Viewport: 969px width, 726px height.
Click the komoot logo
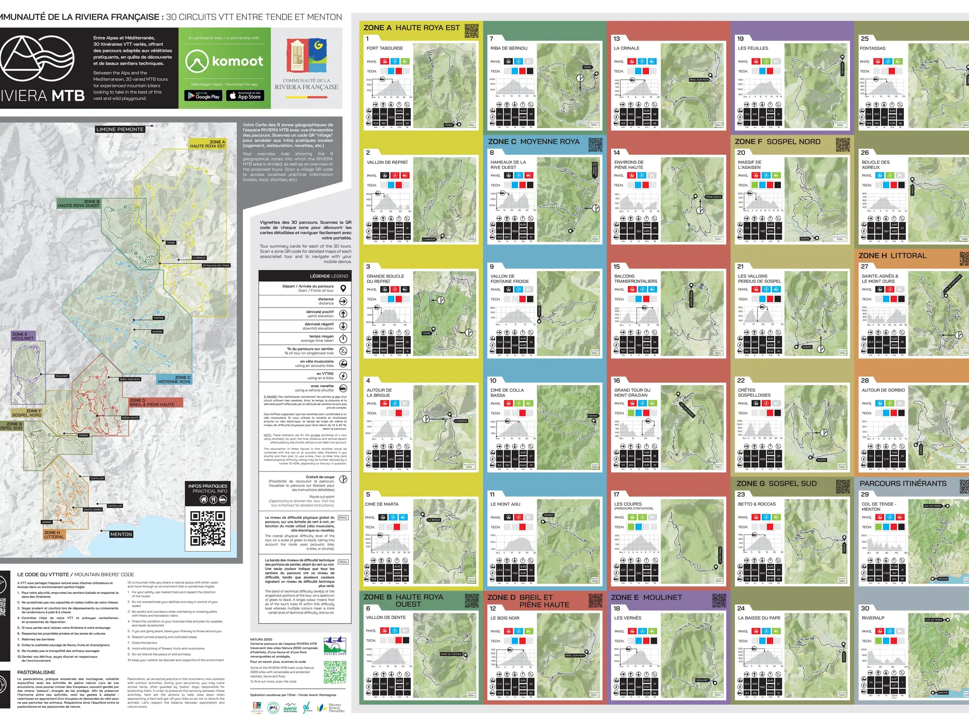(225, 62)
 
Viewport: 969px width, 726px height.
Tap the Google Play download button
(203, 95)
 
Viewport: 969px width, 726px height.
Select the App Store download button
(245, 95)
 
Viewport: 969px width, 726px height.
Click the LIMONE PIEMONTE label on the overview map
(120, 130)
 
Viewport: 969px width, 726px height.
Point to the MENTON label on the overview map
(121, 534)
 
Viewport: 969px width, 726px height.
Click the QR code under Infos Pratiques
(208, 529)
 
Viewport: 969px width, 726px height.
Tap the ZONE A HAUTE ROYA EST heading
(411, 28)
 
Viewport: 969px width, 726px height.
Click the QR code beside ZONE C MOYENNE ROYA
(596, 144)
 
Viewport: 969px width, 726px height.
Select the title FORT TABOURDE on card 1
(385, 48)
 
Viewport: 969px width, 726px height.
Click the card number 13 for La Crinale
(617, 39)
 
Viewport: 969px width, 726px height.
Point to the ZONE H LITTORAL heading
(892, 256)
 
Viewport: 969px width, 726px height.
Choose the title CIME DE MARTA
(382, 504)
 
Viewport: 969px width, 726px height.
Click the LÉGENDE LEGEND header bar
(304, 276)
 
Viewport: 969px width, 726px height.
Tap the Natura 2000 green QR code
(335, 672)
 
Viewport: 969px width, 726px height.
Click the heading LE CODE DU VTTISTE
(76, 574)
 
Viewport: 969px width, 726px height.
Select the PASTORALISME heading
(36, 673)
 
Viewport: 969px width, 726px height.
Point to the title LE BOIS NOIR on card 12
(505, 618)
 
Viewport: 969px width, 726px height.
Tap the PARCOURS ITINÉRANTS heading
(903, 483)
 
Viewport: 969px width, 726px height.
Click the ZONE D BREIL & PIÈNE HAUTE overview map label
(151, 403)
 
